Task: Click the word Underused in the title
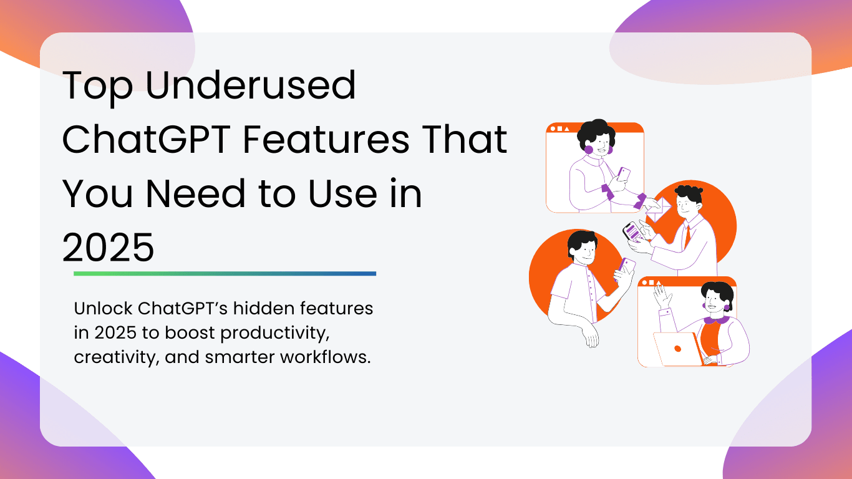251,85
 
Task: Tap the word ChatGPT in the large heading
147,139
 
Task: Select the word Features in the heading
326,139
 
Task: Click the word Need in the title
196,193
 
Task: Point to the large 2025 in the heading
108,248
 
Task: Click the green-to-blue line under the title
225,274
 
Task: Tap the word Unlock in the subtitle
104,308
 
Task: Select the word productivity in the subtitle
275,333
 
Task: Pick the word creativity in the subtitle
117,357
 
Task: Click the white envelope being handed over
659,210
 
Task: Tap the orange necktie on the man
687,236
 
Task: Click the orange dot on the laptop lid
677,349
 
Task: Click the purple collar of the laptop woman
717,320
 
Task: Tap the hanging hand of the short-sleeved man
591,336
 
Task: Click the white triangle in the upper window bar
567,129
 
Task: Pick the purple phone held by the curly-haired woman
623,174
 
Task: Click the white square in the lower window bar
651,283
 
